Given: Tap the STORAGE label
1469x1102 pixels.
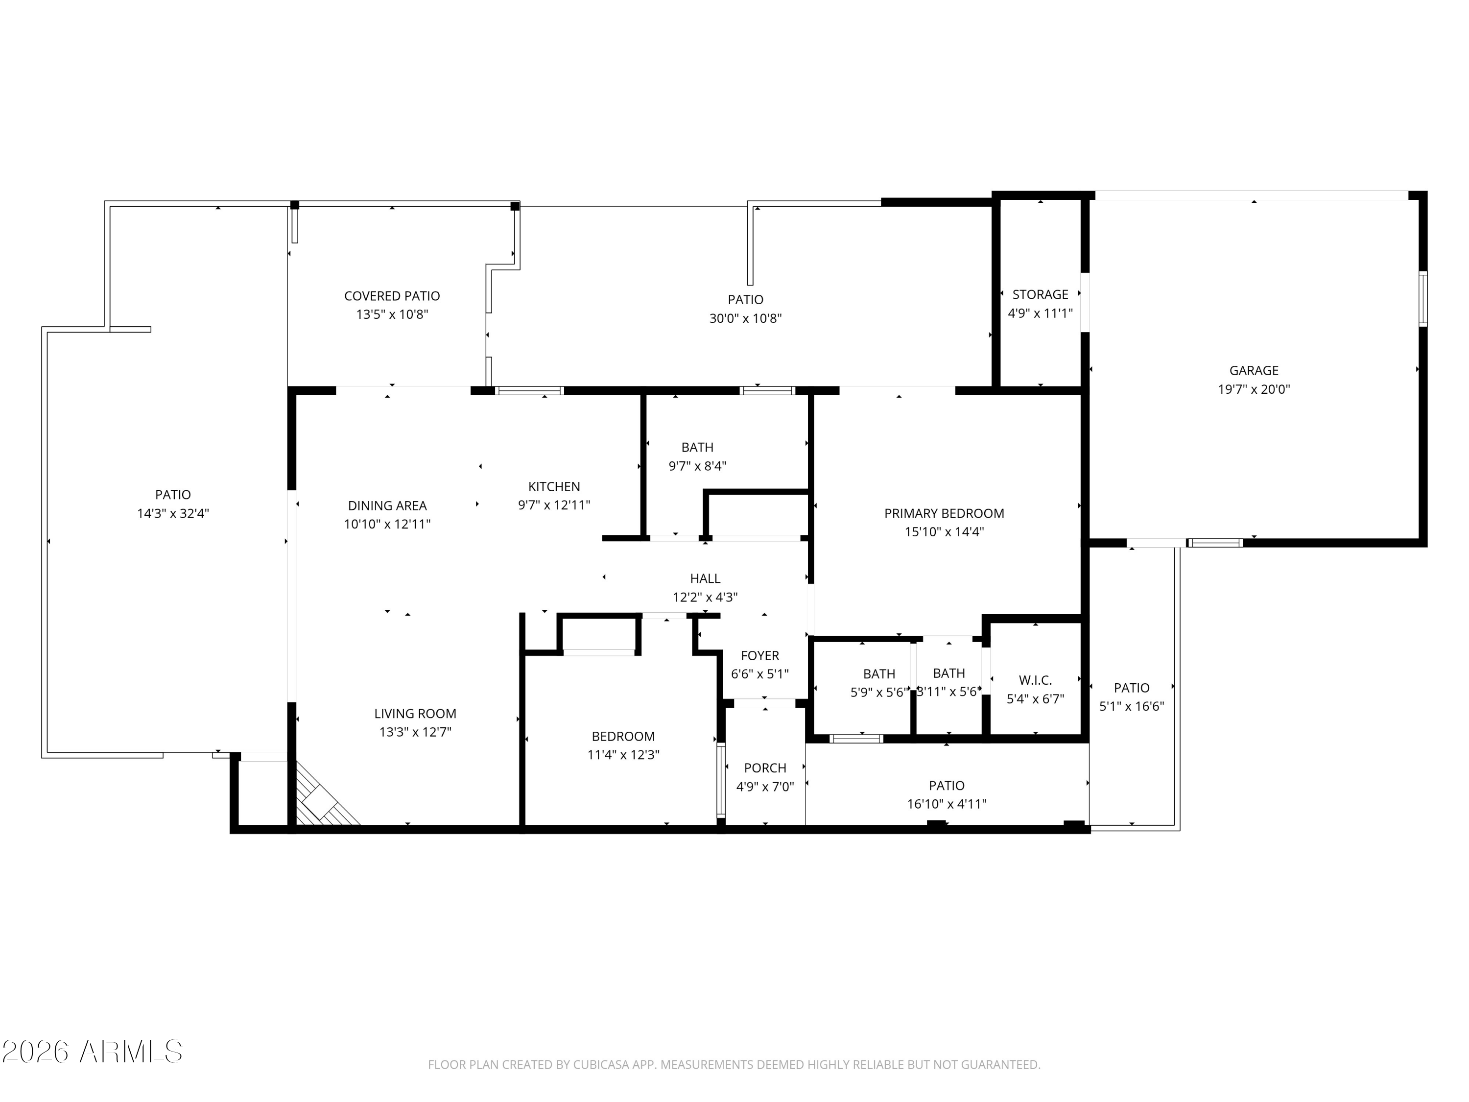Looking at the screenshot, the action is click(x=1040, y=294).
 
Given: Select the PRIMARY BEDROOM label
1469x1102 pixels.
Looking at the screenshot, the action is click(x=944, y=513).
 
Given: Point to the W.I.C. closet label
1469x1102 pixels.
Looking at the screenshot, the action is click(x=1035, y=680).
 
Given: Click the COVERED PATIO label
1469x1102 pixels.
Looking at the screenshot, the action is click(x=392, y=296).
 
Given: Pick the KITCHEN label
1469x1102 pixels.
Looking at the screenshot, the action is click(x=554, y=487).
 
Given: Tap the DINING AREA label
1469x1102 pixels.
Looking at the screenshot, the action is click(x=387, y=506).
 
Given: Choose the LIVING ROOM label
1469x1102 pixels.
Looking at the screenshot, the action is click(x=415, y=714).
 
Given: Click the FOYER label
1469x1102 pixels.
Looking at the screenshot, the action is click(x=760, y=656).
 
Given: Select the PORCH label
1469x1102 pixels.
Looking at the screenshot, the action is click(x=765, y=768).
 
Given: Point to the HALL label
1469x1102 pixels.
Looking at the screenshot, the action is click(x=705, y=578).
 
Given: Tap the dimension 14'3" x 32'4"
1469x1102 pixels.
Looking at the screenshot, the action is click(x=173, y=513).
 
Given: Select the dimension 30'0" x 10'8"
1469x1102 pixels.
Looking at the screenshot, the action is click(x=745, y=318).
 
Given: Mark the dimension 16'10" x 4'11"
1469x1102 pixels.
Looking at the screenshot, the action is click(x=947, y=804).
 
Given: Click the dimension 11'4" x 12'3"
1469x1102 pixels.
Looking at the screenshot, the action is click(x=623, y=755).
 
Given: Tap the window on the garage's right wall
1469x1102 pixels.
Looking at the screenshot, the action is click(x=1423, y=299).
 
